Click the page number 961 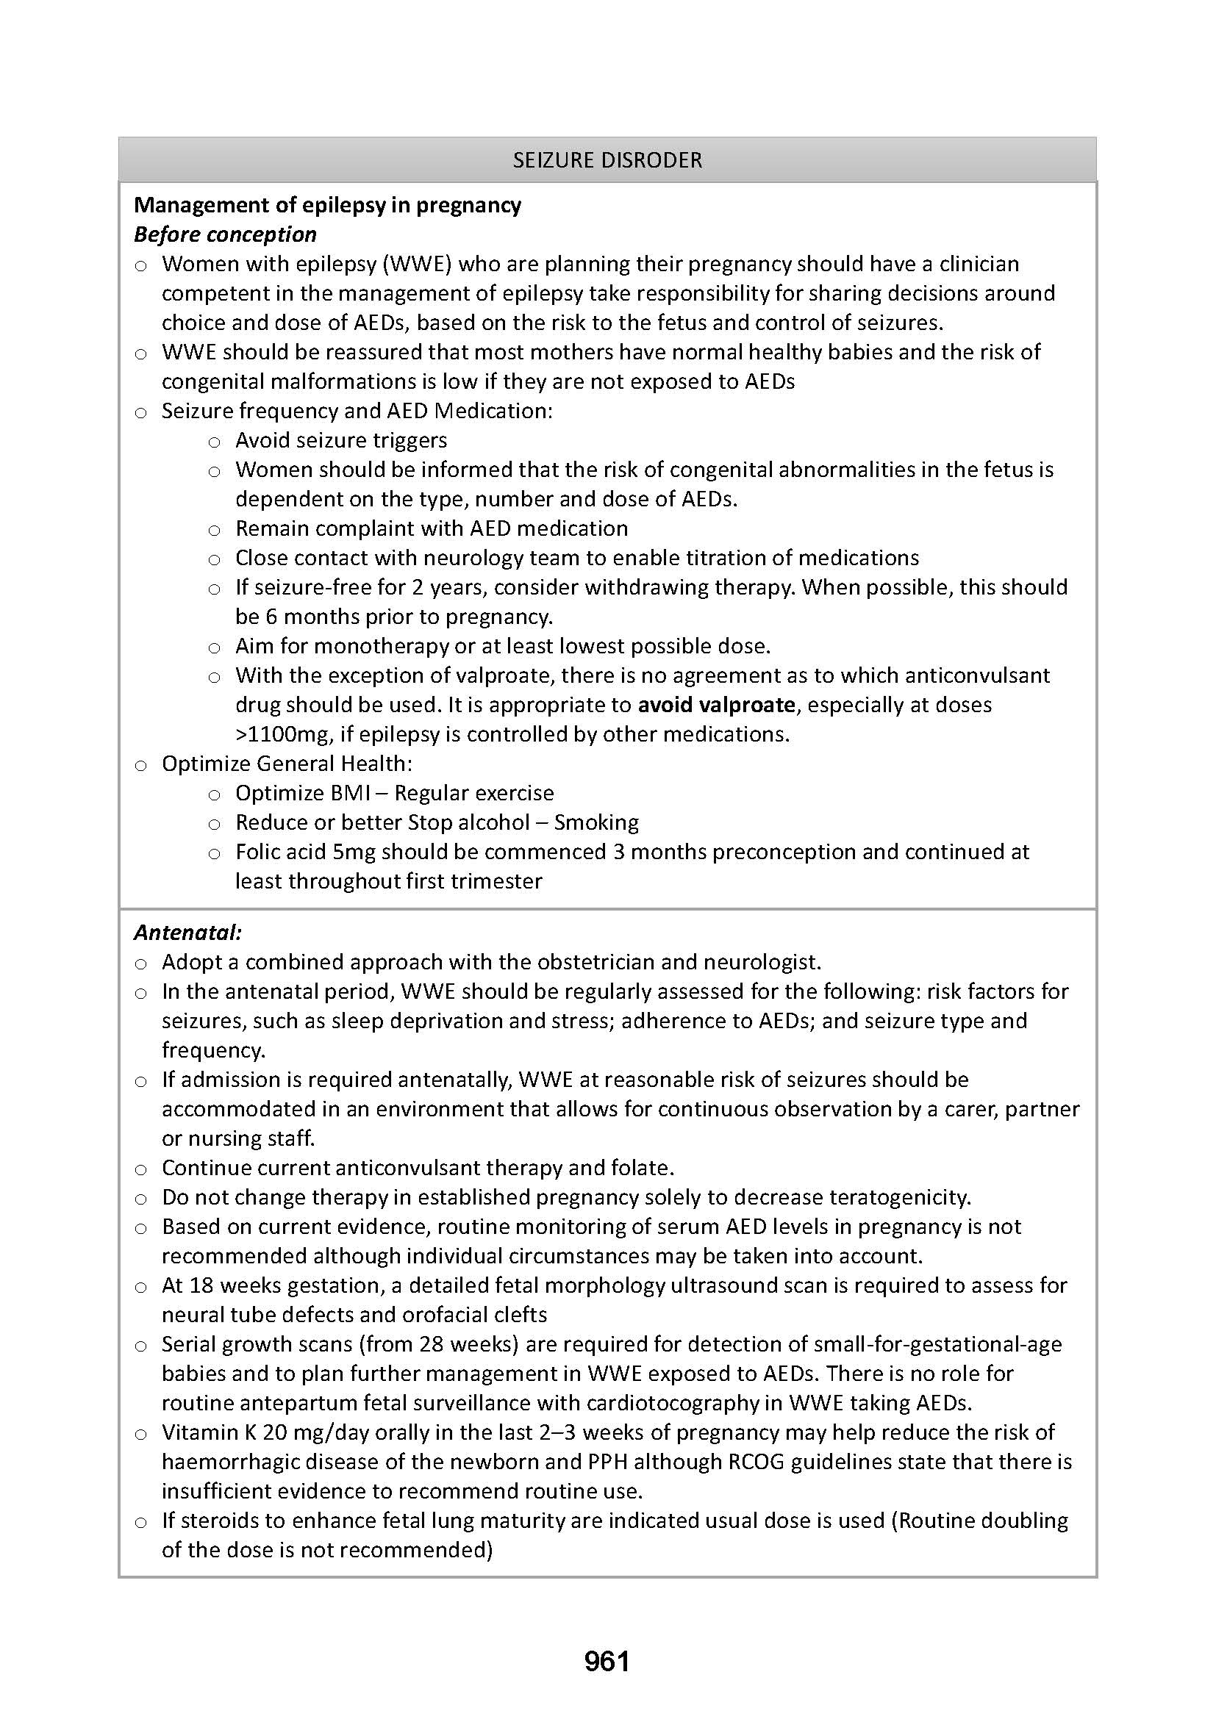(607, 1662)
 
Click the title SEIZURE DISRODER (607, 160)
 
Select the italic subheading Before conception (225, 234)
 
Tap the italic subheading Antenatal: (187, 932)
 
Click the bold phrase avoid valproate (716, 705)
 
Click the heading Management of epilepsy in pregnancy (327, 205)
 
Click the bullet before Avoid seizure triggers (214, 442)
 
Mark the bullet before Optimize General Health (140, 765)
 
